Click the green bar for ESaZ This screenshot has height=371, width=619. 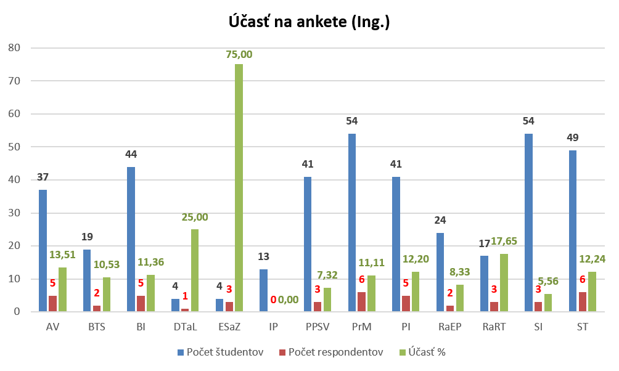point(239,188)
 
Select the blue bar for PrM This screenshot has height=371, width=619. point(352,222)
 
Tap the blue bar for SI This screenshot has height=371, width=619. point(529,222)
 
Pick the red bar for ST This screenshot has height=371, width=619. point(583,302)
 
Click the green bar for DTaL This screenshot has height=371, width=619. point(194,271)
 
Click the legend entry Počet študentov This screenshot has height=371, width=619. point(220,352)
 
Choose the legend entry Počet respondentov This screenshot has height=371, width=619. point(331,352)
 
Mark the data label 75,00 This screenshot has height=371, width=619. point(239,54)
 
